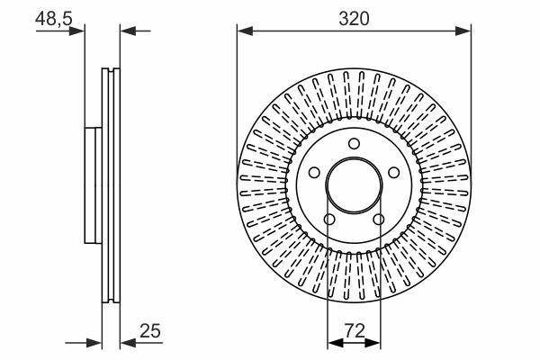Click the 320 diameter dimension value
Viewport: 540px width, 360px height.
tap(354, 19)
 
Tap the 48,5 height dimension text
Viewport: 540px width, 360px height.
tap(54, 18)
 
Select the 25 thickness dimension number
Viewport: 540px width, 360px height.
tap(150, 330)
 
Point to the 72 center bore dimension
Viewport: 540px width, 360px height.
tap(355, 331)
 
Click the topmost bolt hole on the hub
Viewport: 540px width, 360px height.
tap(354, 144)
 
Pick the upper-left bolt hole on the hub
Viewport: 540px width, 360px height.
tap(314, 172)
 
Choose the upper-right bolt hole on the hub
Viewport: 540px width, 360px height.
tap(393, 172)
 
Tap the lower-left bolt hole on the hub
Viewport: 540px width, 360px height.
tap(329, 219)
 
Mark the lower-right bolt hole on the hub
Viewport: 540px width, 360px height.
tap(379, 219)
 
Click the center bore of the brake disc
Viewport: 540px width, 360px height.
tap(354, 185)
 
